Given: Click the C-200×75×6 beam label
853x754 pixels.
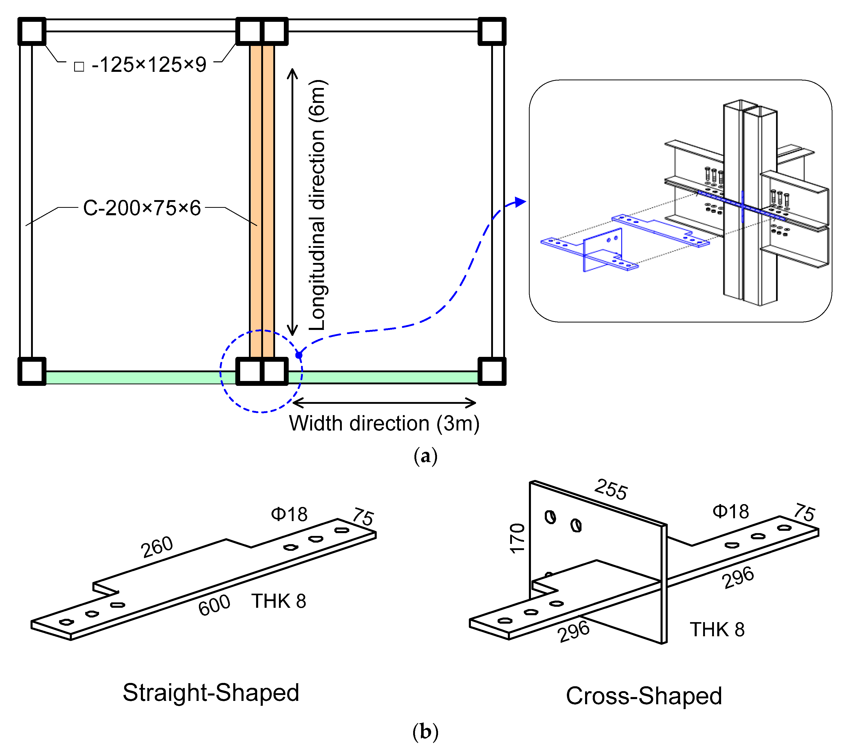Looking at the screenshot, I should [x=142, y=208].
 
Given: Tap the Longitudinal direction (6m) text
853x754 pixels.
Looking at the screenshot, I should [x=318, y=204].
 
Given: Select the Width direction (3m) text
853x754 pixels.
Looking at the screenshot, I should [x=384, y=424].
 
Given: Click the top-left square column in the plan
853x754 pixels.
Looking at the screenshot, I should [x=32, y=31].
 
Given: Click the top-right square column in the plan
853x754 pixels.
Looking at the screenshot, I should [x=492, y=31].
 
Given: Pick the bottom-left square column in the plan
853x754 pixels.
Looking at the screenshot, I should [x=32, y=371].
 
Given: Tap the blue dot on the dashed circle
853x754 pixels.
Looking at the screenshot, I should [x=299, y=355].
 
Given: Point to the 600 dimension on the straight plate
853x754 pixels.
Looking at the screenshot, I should [x=214, y=605].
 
